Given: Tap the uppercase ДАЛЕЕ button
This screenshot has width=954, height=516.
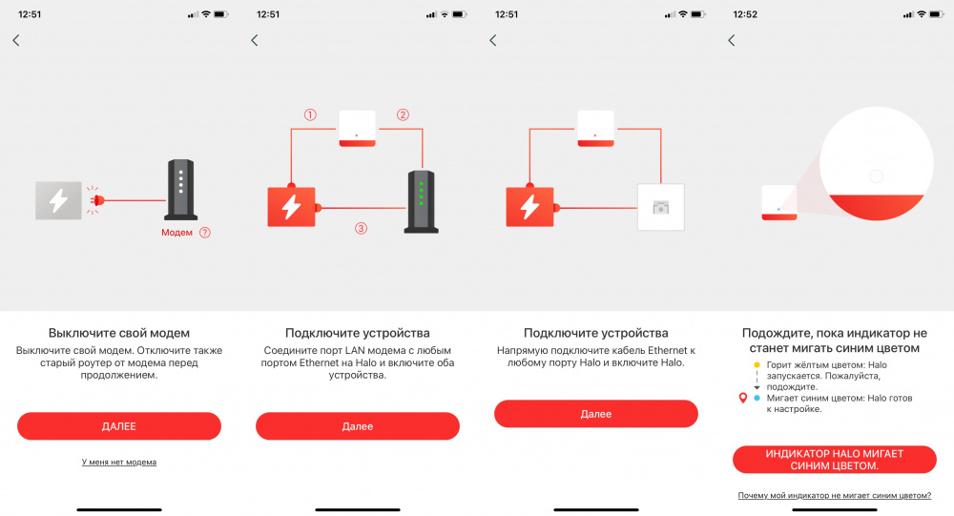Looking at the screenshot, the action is (119, 426).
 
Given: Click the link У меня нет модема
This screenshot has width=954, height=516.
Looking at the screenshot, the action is (119, 462).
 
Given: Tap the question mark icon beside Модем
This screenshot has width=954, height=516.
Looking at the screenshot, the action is (205, 233).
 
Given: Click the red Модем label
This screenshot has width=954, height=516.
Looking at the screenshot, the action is (176, 233).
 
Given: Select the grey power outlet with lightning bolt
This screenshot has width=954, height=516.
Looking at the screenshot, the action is (58, 200).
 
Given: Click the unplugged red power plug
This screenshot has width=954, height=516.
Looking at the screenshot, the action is (95, 200).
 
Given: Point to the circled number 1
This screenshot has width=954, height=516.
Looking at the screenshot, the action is (310, 114).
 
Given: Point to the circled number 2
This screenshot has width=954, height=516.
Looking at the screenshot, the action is (403, 114).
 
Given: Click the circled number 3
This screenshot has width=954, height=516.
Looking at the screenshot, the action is (361, 228).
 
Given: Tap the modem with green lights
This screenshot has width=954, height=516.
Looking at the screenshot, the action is (421, 202).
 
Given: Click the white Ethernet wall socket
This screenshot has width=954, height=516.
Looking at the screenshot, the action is (661, 207).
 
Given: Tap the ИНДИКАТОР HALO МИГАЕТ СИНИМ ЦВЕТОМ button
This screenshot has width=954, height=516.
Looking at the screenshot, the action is (834, 460).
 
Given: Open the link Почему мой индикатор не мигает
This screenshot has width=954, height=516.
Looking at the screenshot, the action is (834, 495).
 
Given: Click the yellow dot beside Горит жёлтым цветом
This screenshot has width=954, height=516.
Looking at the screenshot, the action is (757, 365).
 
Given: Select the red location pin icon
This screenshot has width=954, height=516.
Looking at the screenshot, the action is (743, 398).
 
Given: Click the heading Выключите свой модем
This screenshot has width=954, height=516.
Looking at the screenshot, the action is (119, 333).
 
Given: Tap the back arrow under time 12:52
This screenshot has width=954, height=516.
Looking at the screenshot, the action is (732, 40).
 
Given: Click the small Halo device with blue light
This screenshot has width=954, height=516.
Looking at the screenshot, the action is (779, 202).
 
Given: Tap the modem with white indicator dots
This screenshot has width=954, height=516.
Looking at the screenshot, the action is (181, 189).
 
